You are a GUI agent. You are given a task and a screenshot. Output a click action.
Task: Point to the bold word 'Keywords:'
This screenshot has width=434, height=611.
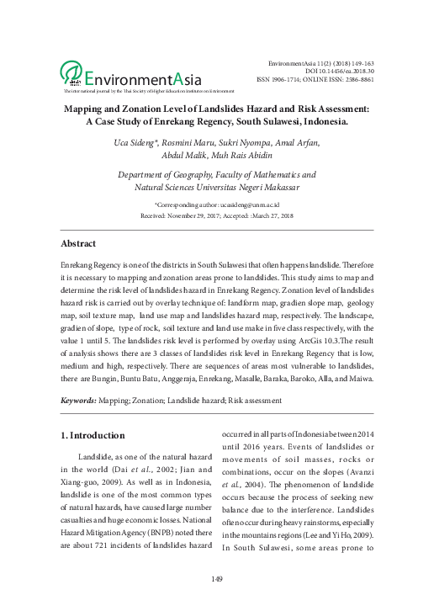point(78,401)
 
